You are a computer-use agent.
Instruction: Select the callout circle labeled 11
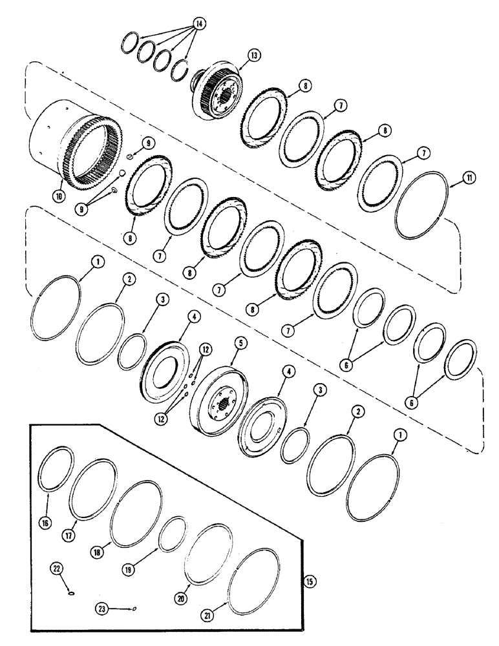tap(457, 184)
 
